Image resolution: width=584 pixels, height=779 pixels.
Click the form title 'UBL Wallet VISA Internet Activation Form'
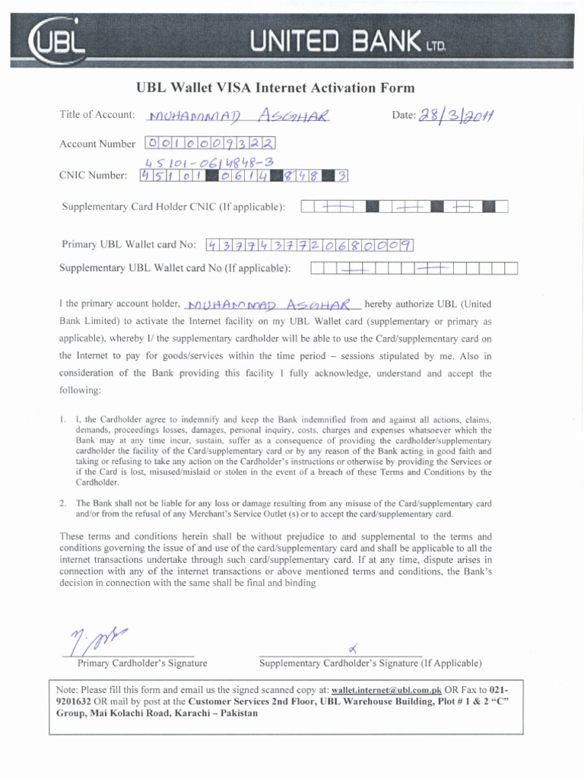click(275, 88)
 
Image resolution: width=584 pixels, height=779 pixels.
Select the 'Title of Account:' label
click(97, 115)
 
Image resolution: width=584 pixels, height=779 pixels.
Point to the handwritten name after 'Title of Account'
click(240, 116)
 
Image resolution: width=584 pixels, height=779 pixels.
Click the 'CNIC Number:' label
click(94, 176)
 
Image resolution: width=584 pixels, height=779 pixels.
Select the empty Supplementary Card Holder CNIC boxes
click(405, 207)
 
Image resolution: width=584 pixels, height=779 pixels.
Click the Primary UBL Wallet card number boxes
click(309, 245)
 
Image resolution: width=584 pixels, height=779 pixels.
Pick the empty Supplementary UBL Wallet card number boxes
click(414, 268)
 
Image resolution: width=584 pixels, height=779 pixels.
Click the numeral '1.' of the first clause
click(62, 419)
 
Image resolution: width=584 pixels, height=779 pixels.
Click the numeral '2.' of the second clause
click(62, 504)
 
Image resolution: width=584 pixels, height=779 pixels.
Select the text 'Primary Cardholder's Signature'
click(142, 663)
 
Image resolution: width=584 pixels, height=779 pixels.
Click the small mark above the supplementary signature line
click(352, 648)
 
